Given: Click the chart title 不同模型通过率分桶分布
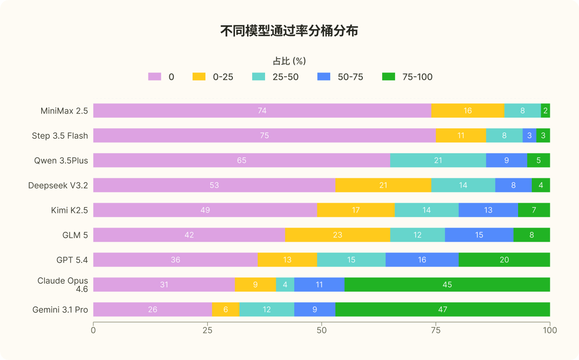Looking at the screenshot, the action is [289, 31].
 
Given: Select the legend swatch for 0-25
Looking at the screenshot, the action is [199, 77].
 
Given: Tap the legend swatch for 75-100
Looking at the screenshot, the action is [389, 77].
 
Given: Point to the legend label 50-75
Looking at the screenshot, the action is [350, 77].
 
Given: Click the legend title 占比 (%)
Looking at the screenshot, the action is [289, 61].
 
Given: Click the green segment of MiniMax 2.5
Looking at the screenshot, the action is [546, 111].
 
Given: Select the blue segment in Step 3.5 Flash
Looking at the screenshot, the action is [529, 135].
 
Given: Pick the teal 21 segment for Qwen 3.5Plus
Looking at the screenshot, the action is [438, 160].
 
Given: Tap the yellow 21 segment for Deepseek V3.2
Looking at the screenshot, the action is [383, 185].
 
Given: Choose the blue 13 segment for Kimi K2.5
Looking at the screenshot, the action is [488, 210].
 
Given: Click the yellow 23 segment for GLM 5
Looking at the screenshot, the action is [338, 235].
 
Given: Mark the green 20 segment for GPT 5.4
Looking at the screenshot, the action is [504, 260].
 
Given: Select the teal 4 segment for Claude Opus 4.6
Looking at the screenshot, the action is [285, 285].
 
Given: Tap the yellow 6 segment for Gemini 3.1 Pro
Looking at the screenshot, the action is [226, 309].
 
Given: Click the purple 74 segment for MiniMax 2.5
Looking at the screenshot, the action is [262, 111].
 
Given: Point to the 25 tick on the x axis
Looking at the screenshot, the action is [208, 324].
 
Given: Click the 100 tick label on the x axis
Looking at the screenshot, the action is [550, 330].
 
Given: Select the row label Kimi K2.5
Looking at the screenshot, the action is [69, 210].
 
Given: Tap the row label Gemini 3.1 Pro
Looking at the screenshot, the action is [60, 309].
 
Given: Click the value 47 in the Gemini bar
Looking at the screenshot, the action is [443, 309].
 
